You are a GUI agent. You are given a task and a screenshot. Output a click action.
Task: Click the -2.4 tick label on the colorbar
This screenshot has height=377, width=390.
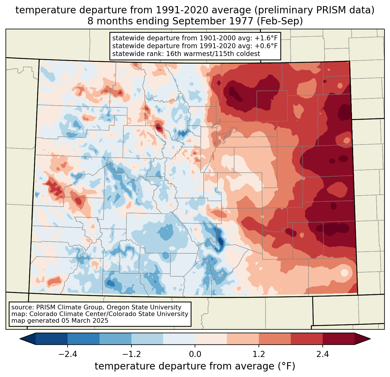[x=67, y=354]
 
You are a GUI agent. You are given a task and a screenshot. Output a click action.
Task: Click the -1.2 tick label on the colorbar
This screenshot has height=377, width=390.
[x=131, y=354]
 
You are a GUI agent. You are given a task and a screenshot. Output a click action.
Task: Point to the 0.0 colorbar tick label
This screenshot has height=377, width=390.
[x=195, y=354]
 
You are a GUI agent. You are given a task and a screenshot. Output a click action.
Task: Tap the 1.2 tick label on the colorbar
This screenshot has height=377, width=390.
[x=259, y=354]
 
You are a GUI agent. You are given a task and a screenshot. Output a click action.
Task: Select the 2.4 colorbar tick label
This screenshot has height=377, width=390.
[x=323, y=354]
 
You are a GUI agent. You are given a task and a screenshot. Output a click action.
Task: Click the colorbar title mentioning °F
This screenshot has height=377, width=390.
[x=195, y=366]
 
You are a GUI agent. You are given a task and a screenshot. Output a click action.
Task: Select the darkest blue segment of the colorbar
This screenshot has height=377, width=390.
[x=52, y=339]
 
